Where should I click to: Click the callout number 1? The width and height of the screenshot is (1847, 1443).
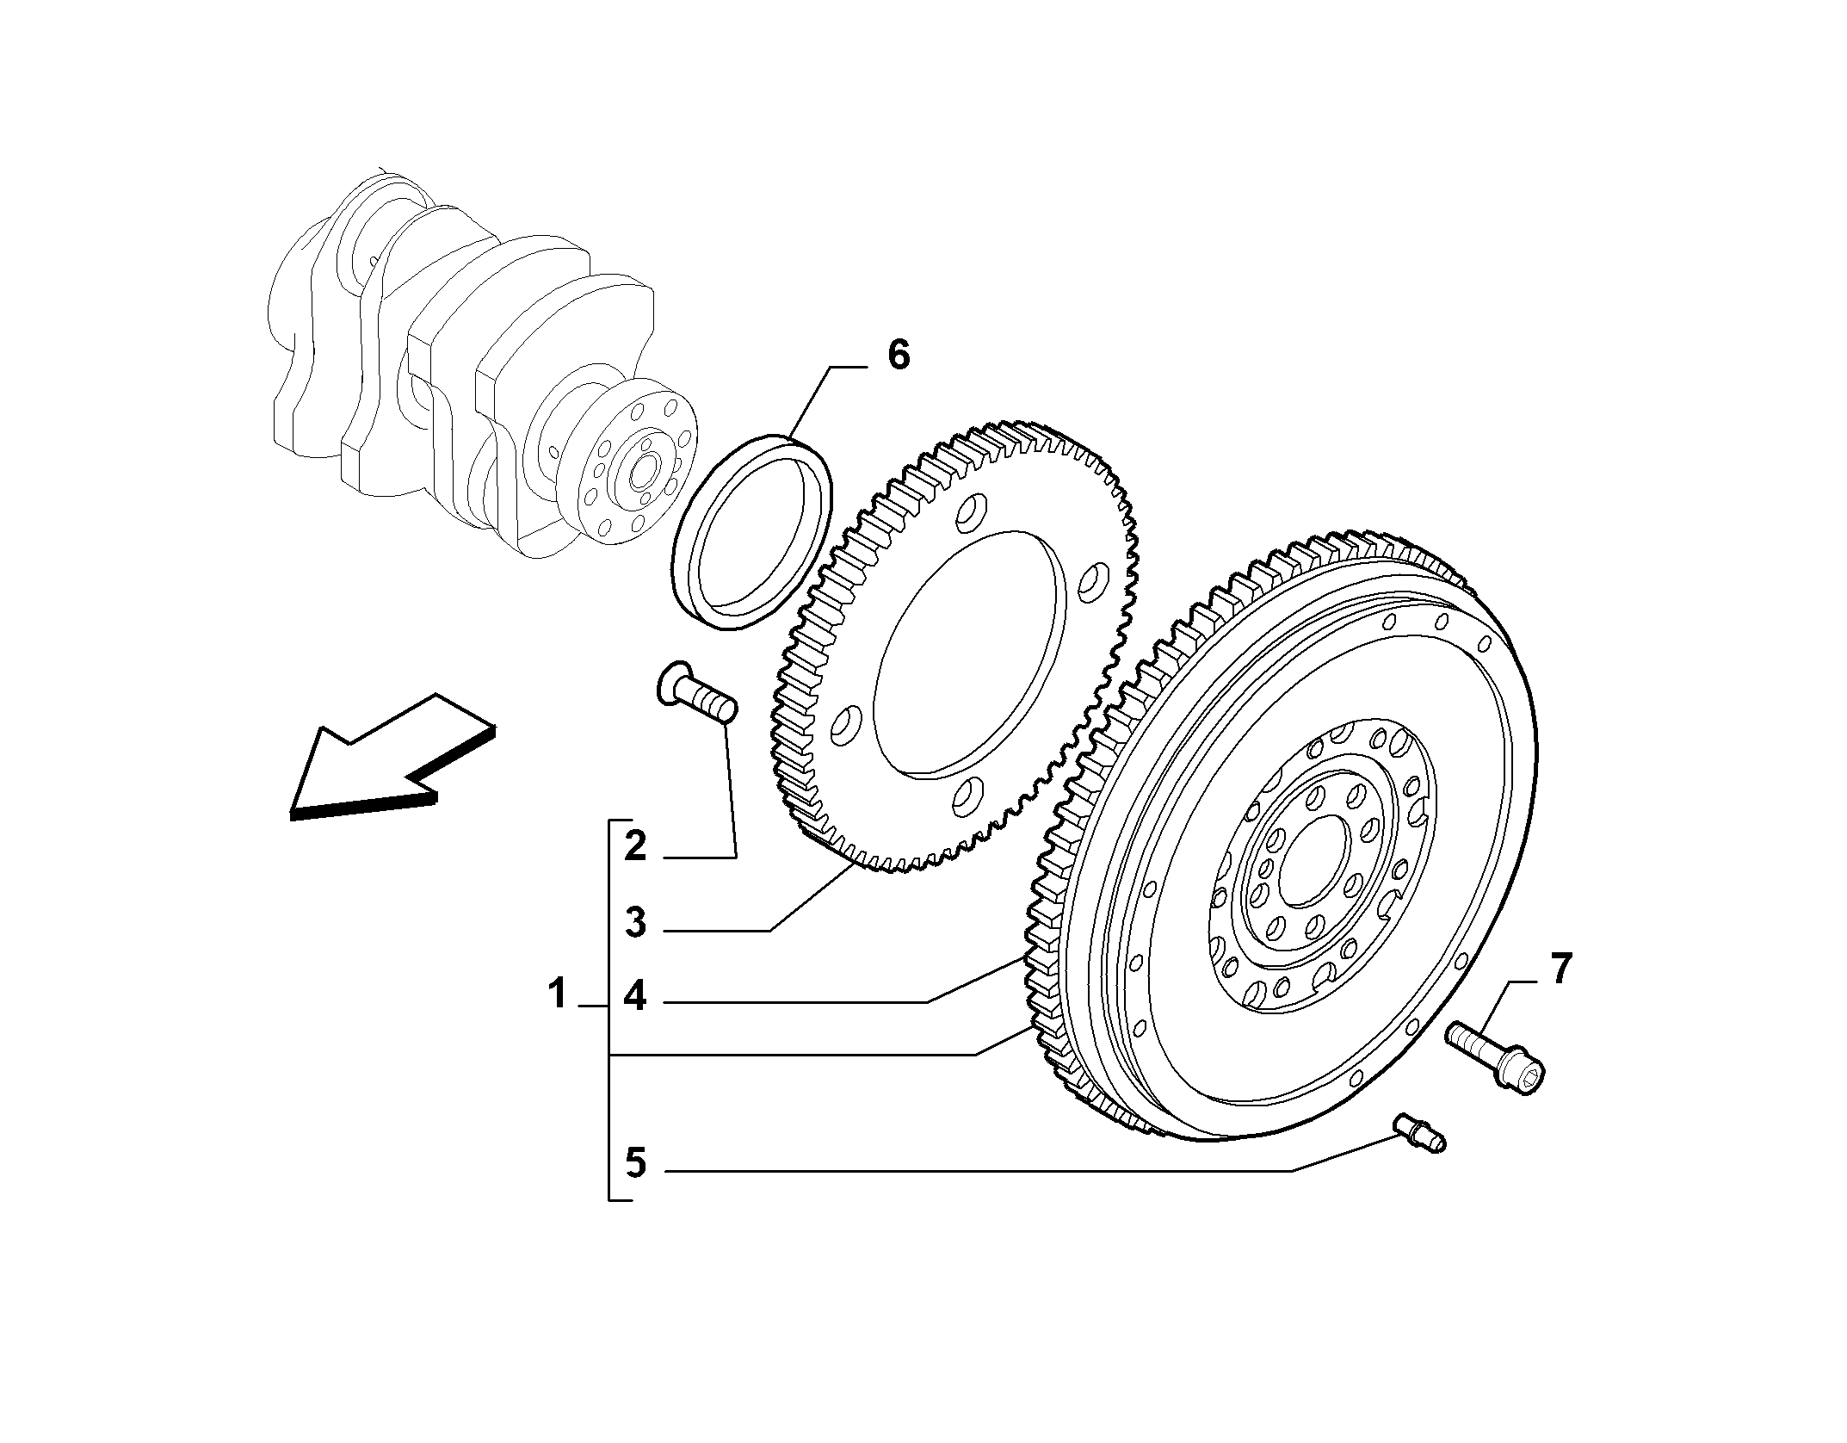pyautogui.click(x=558, y=994)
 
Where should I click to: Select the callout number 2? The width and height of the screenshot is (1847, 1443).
pyautogui.click(x=635, y=846)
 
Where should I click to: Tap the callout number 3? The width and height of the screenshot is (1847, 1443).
pyautogui.click(x=635, y=923)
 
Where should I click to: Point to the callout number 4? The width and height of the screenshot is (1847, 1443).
pyautogui.click(x=635, y=996)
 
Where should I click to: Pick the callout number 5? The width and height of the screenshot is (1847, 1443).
pyautogui.click(x=635, y=1162)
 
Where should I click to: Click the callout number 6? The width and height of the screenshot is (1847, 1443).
pyautogui.click(x=898, y=355)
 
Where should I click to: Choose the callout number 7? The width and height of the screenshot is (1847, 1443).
pyautogui.click(x=1560, y=969)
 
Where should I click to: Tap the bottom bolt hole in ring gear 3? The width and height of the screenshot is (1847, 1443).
pyautogui.click(x=965, y=797)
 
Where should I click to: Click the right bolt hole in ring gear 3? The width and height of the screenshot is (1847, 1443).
pyautogui.click(x=1090, y=582)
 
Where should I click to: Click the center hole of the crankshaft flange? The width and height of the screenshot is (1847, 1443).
pyautogui.click(x=642, y=473)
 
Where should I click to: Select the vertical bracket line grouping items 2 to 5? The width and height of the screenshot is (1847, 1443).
pyautogui.click(x=609, y=1007)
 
